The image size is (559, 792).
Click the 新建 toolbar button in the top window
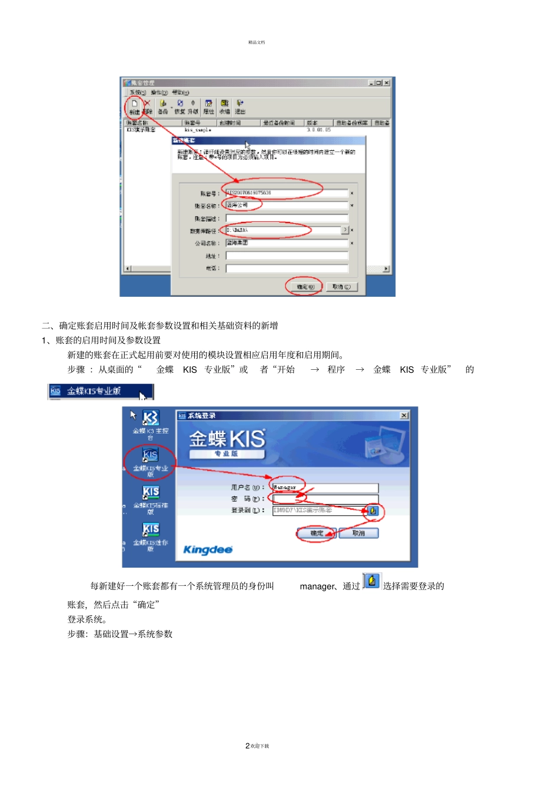(134, 106)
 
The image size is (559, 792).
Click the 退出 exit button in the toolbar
(240, 107)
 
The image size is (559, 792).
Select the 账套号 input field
(287, 193)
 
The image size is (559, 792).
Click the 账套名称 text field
(287, 206)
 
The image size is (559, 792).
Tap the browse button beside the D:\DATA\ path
(345, 230)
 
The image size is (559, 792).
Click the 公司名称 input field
(287, 243)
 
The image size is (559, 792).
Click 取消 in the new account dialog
(341, 287)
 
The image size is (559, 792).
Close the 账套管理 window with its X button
(387, 83)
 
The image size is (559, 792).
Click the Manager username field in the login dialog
(325, 488)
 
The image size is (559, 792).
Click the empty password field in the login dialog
(325, 499)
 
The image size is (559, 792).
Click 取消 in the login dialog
(358, 533)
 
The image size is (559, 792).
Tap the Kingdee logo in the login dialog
(208, 550)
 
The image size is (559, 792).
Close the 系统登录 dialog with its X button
(404, 416)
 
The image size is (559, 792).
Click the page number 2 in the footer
(247, 746)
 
